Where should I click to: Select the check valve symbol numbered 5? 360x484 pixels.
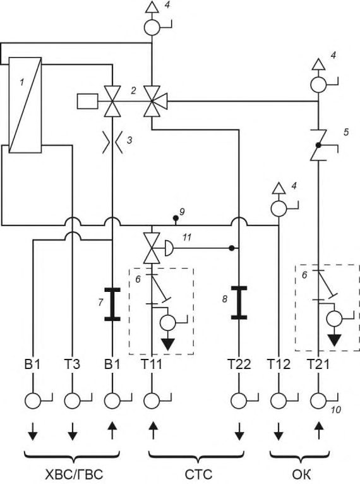(x=318, y=145)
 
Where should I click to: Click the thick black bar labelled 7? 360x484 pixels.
(x=112, y=304)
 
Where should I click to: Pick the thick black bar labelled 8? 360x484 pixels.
(x=239, y=303)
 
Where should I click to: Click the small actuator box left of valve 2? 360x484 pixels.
(x=87, y=102)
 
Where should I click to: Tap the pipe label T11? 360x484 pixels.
(x=152, y=364)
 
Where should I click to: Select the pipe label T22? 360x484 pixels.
(x=239, y=364)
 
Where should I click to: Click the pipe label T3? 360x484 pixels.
(x=72, y=364)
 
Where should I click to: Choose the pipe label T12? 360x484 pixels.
(x=279, y=364)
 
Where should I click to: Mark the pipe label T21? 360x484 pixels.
(x=318, y=364)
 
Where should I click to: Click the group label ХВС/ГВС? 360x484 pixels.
(x=74, y=474)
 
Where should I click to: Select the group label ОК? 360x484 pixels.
(x=301, y=474)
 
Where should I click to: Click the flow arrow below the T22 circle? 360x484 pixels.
(x=239, y=431)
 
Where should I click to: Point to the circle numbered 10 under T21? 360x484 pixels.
(x=318, y=401)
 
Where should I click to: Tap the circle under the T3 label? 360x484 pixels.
(x=72, y=401)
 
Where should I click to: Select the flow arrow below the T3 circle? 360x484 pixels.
(x=72, y=431)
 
